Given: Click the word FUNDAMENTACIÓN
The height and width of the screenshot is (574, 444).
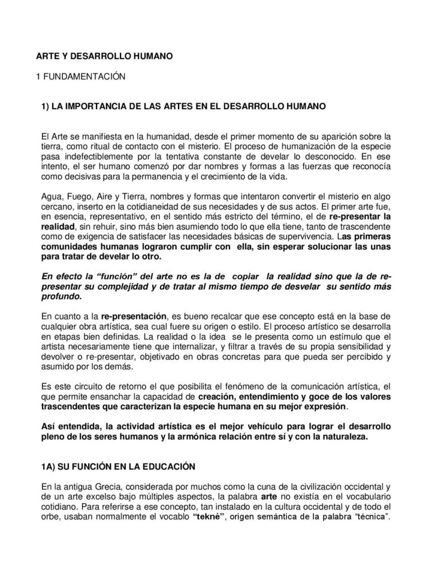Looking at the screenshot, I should tap(83, 77).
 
